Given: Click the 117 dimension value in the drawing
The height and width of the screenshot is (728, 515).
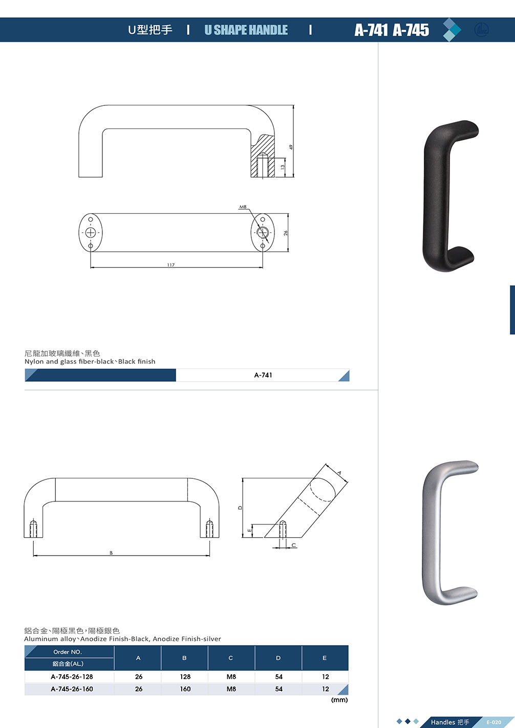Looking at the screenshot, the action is click(x=170, y=265).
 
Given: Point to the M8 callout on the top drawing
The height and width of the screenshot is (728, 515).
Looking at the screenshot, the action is click(x=243, y=207).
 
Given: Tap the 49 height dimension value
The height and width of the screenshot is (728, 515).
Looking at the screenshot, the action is click(x=291, y=147).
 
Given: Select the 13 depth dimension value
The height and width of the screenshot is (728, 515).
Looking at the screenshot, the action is click(x=283, y=167).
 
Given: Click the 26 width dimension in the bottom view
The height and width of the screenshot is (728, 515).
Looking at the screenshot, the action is click(x=286, y=233).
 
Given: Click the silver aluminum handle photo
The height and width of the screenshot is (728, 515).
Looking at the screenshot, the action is click(x=449, y=533).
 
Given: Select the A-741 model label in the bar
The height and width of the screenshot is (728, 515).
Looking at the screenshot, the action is click(x=263, y=375).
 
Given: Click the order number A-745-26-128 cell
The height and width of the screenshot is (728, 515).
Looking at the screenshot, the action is click(x=72, y=677).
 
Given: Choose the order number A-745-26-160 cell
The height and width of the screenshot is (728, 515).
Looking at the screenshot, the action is click(x=72, y=689).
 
